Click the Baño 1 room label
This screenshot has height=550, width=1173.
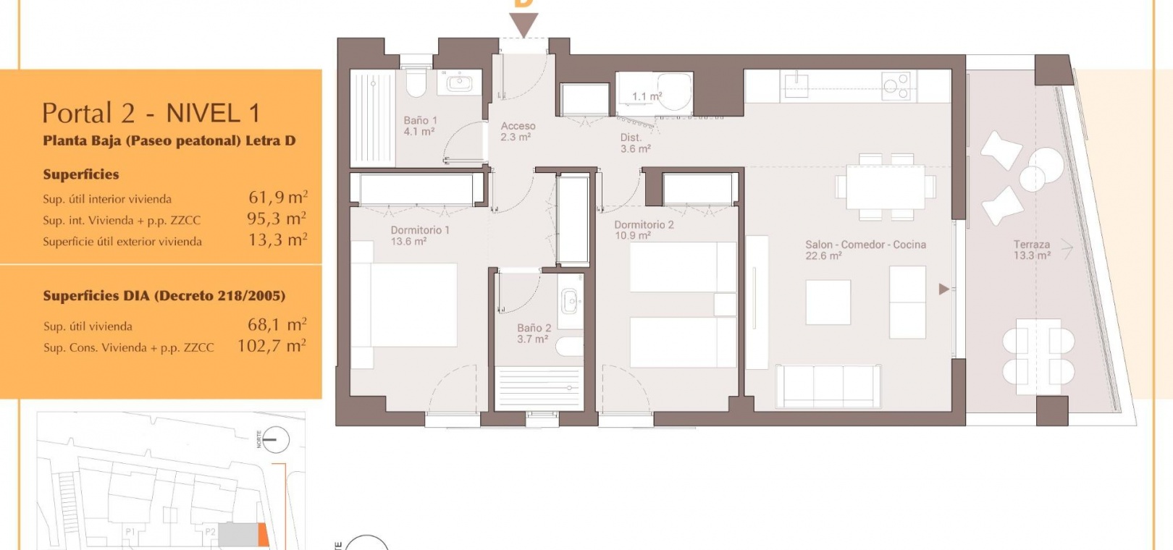click(419, 126)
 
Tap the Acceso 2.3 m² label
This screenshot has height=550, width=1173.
click(518, 132)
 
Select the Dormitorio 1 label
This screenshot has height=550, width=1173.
click(419, 235)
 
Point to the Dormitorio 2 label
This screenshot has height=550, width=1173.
click(644, 230)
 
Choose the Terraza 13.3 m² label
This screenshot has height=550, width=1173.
click(1032, 250)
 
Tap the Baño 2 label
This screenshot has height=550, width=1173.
click(534, 334)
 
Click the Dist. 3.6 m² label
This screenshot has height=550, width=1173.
click(635, 143)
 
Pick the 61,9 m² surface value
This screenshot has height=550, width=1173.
click(278, 197)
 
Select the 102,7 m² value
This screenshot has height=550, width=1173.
click(272, 346)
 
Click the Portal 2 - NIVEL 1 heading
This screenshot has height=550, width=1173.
click(151, 112)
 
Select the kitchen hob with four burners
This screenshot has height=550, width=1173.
click(896, 86)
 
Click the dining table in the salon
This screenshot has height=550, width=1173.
click(885, 187)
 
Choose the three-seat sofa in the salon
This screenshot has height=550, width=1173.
click(828, 386)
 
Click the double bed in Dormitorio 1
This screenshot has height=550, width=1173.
click(404, 305)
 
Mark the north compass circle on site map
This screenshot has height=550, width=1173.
click(275, 439)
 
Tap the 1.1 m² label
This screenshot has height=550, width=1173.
click(647, 96)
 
